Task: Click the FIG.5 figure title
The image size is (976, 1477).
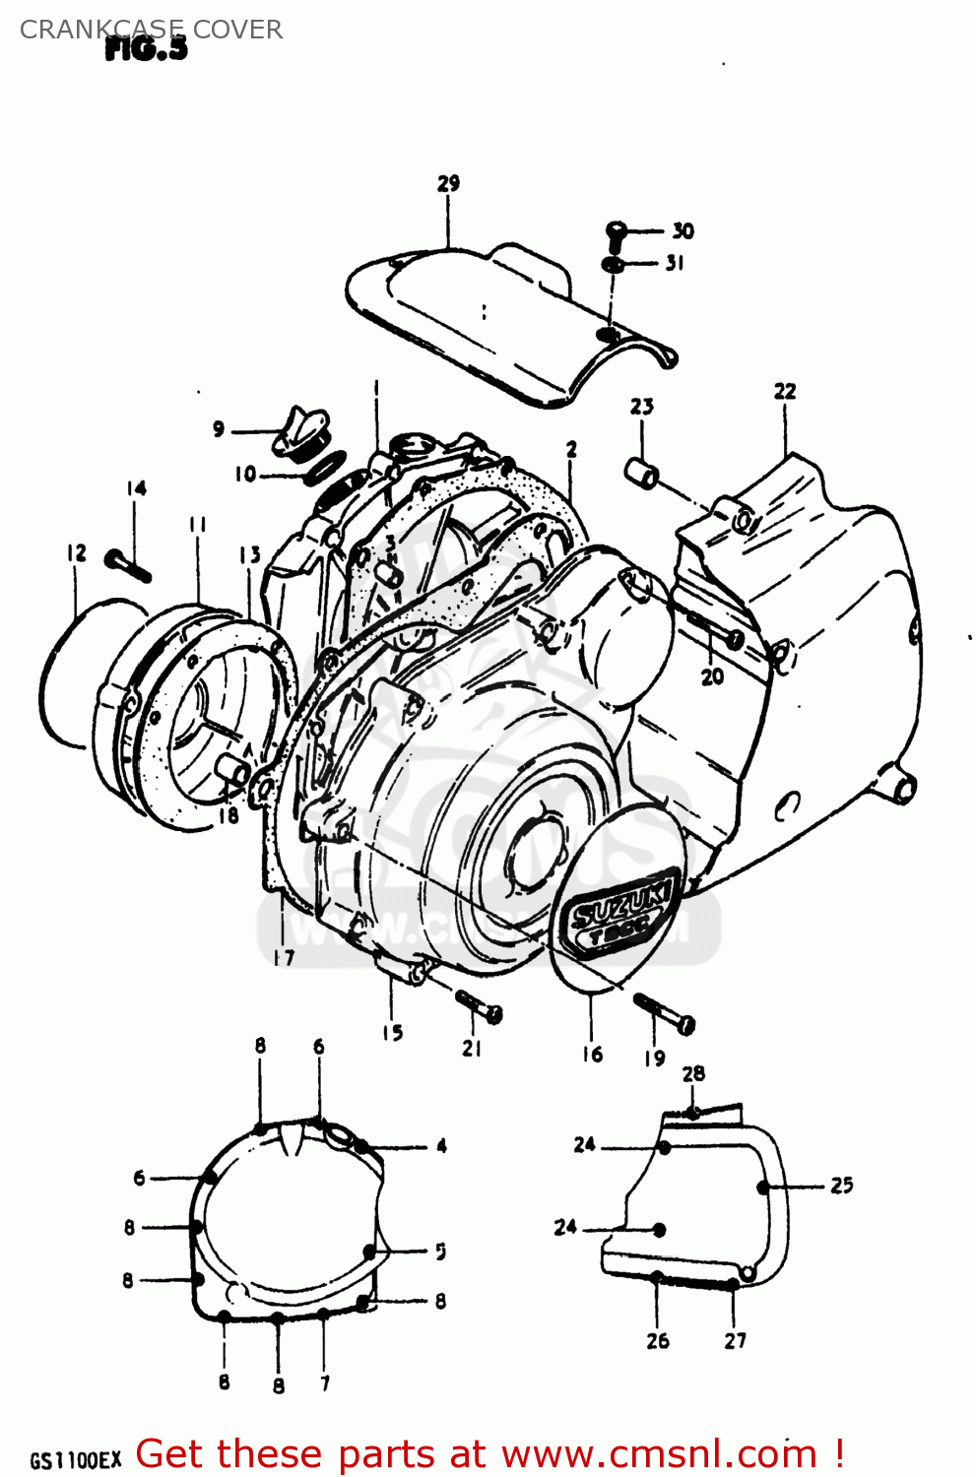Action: point(146,49)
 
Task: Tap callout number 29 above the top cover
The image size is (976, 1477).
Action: point(448,184)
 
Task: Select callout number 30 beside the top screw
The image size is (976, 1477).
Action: point(683,231)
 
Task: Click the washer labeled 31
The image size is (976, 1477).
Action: point(612,265)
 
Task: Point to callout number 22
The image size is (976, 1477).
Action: point(784,392)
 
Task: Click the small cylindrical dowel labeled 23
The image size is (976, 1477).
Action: point(642,475)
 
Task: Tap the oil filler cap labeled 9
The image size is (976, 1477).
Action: point(297,433)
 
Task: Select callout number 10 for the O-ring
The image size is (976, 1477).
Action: point(245,475)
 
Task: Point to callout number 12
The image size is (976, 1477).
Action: point(77,553)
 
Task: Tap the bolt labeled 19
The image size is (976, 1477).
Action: point(665,1014)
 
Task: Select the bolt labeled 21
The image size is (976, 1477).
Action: point(480,1005)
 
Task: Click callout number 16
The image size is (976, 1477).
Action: point(592,1055)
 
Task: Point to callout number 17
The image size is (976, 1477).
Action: point(284,957)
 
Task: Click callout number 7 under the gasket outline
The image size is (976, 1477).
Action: point(325,1382)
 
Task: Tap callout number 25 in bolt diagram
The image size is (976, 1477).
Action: point(841,1186)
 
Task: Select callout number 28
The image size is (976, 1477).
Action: point(693,1074)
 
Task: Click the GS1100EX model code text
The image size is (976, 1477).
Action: point(75,1459)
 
